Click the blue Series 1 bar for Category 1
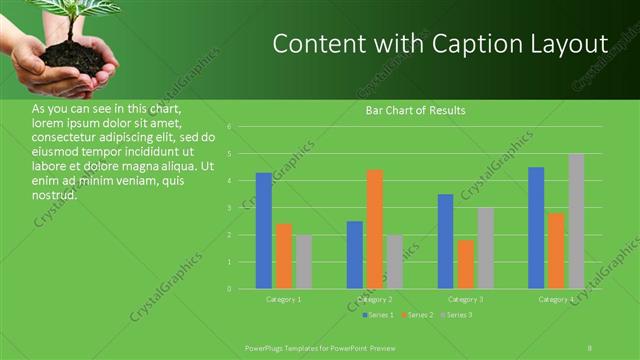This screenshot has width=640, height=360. [x=264, y=231]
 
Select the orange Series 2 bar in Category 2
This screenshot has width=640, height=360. [x=375, y=229]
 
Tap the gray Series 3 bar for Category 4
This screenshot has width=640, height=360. [x=576, y=221]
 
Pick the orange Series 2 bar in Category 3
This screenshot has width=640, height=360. [x=466, y=264]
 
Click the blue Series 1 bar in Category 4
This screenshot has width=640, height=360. [x=536, y=228]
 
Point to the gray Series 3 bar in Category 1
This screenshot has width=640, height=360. [x=304, y=262]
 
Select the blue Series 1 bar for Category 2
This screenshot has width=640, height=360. [x=355, y=255]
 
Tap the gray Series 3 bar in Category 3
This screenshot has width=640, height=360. [x=486, y=248]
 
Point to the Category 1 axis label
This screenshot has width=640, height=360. [x=284, y=299]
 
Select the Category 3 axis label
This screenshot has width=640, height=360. [x=466, y=299]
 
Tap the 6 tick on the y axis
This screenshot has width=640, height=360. [x=230, y=127]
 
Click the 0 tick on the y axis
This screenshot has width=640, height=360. [x=230, y=289]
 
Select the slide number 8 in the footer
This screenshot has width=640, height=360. [x=589, y=346]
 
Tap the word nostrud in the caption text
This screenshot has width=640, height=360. [x=55, y=194]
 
